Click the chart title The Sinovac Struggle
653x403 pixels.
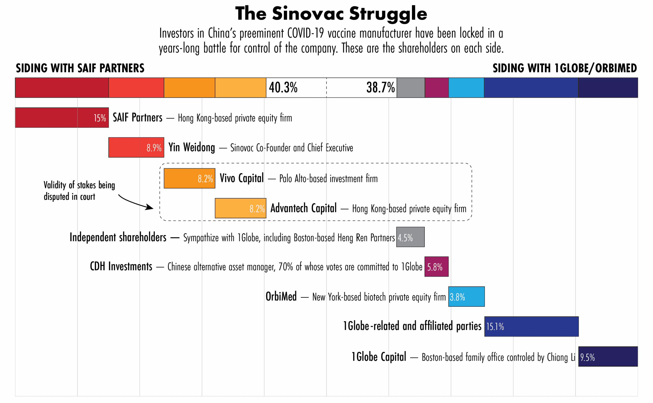[x=331, y=14]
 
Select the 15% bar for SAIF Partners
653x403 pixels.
[x=62, y=118]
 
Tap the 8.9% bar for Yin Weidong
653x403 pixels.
[x=136, y=147]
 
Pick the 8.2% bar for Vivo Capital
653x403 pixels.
[x=189, y=178]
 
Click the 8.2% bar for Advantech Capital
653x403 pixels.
[x=240, y=208]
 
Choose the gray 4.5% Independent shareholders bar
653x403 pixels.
[x=410, y=237]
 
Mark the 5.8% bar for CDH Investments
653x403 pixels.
[x=436, y=267]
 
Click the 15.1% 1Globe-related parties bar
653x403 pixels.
[x=531, y=327]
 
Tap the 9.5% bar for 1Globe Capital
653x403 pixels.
[x=608, y=356]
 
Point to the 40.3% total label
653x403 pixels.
[x=283, y=87]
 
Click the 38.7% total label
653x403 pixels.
[x=380, y=87]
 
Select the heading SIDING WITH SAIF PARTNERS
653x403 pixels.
[x=80, y=68]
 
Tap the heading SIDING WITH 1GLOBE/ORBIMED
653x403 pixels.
[x=564, y=68]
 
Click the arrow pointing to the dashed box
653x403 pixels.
[x=136, y=202]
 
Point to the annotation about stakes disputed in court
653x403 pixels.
[x=79, y=191]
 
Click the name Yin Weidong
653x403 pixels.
[x=192, y=147]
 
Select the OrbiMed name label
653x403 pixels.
[x=281, y=296]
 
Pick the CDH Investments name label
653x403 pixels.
[x=121, y=267]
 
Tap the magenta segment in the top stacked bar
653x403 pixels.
[x=436, y=87]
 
